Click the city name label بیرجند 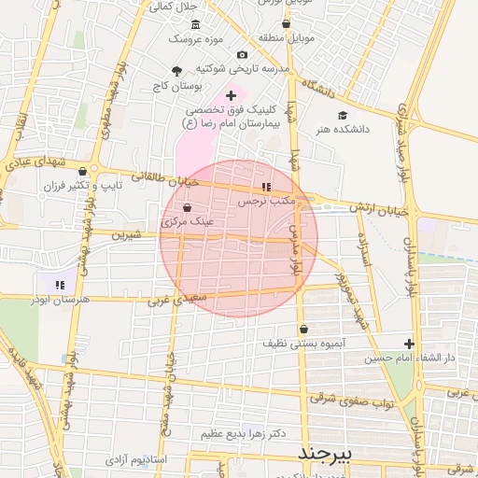click(325, 453)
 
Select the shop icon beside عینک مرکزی click(188, 208)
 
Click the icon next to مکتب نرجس click(267, 188)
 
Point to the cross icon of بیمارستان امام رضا click(231, 95)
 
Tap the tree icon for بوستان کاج click(177, 71)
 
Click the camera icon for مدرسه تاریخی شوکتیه click(243, 55)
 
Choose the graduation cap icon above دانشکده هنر click(343, 115)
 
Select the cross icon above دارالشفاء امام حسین click(409, 344)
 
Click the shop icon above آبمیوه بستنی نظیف click(304, 329)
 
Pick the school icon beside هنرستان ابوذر click(60, 285)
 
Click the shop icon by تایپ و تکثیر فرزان click(84, 171)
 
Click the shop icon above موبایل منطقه click(287, 24)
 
